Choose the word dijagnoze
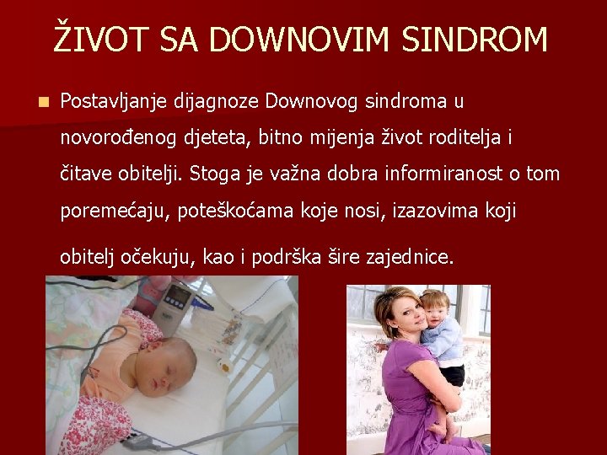coord(217,103)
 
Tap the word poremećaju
coord(114,211)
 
